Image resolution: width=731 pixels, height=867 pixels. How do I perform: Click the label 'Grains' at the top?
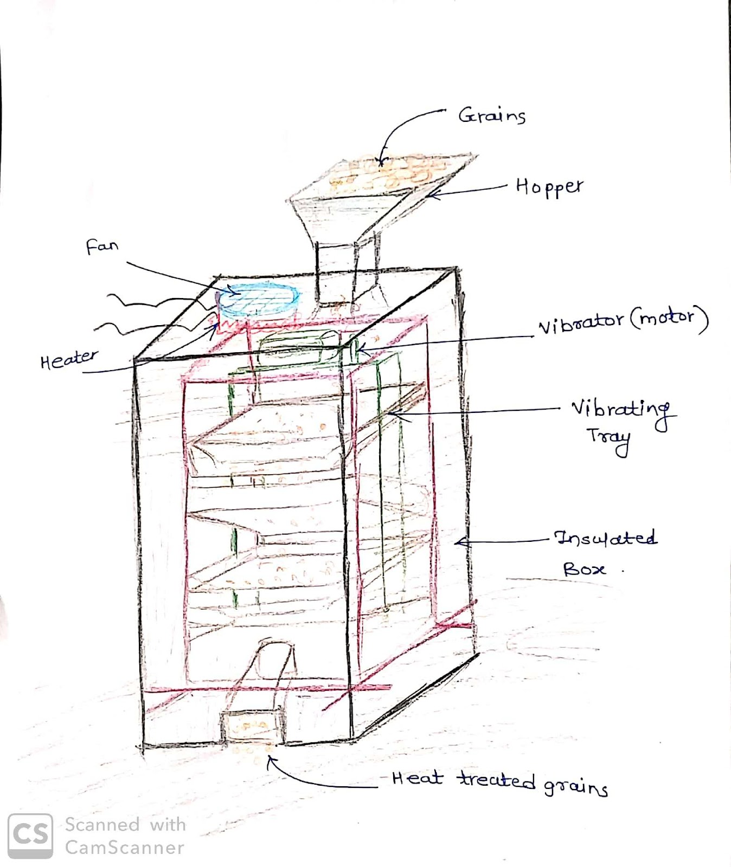pyautogui.click(x=492, y=115)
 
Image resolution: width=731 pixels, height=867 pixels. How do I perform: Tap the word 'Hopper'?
pyautogui.click(x=549, y=187)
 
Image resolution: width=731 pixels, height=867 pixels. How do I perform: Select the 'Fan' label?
pyautogui.click(x=102, y=247)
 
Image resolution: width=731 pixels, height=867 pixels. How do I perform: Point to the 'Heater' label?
pyautogui.click(x=69, y=359)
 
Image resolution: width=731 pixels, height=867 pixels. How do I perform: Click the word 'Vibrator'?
pyautogui.click(x=581, y=323)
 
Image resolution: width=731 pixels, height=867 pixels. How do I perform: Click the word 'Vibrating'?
pyautogui.click(x=621, y=410)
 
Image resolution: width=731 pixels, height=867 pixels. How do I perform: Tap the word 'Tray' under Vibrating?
pyautogui.click(x=609, y=438)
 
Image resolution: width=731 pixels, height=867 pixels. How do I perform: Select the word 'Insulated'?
pyautogui.click(x=605, y=538)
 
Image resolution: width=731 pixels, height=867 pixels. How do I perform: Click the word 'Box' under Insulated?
pyautogui.click(x=583, y=569)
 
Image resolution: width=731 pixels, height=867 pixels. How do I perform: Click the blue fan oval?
pyautogui.click(x=258, y=300)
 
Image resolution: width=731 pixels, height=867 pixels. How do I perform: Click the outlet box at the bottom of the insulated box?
pyautogui.click(x=252, y=726)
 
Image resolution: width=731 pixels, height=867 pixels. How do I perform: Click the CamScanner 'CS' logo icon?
pyautogui.click(x=30, y=836)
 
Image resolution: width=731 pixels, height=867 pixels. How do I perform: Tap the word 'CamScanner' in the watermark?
pyautogui.click(x=125, y=847)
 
